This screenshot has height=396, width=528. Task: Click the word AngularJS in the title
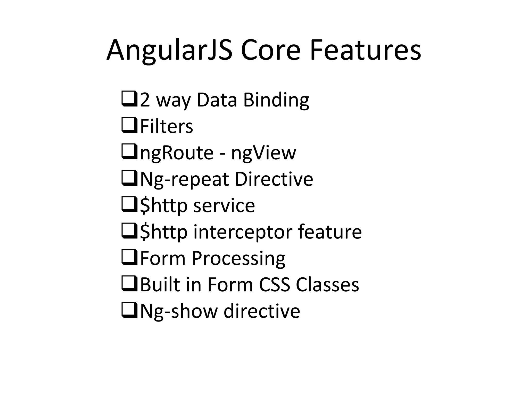169,50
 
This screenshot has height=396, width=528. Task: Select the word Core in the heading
270,50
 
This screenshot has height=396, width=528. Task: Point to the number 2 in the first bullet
145,100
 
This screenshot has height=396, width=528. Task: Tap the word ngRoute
177,153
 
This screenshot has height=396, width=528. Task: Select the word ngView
263,153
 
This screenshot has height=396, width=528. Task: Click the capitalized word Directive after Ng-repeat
274,179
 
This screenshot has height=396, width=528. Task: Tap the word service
224,206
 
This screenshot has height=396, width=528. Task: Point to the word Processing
238,259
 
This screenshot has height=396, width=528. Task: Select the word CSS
274,285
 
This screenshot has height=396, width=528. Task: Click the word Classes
327,285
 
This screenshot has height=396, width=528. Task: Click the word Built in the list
160,285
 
